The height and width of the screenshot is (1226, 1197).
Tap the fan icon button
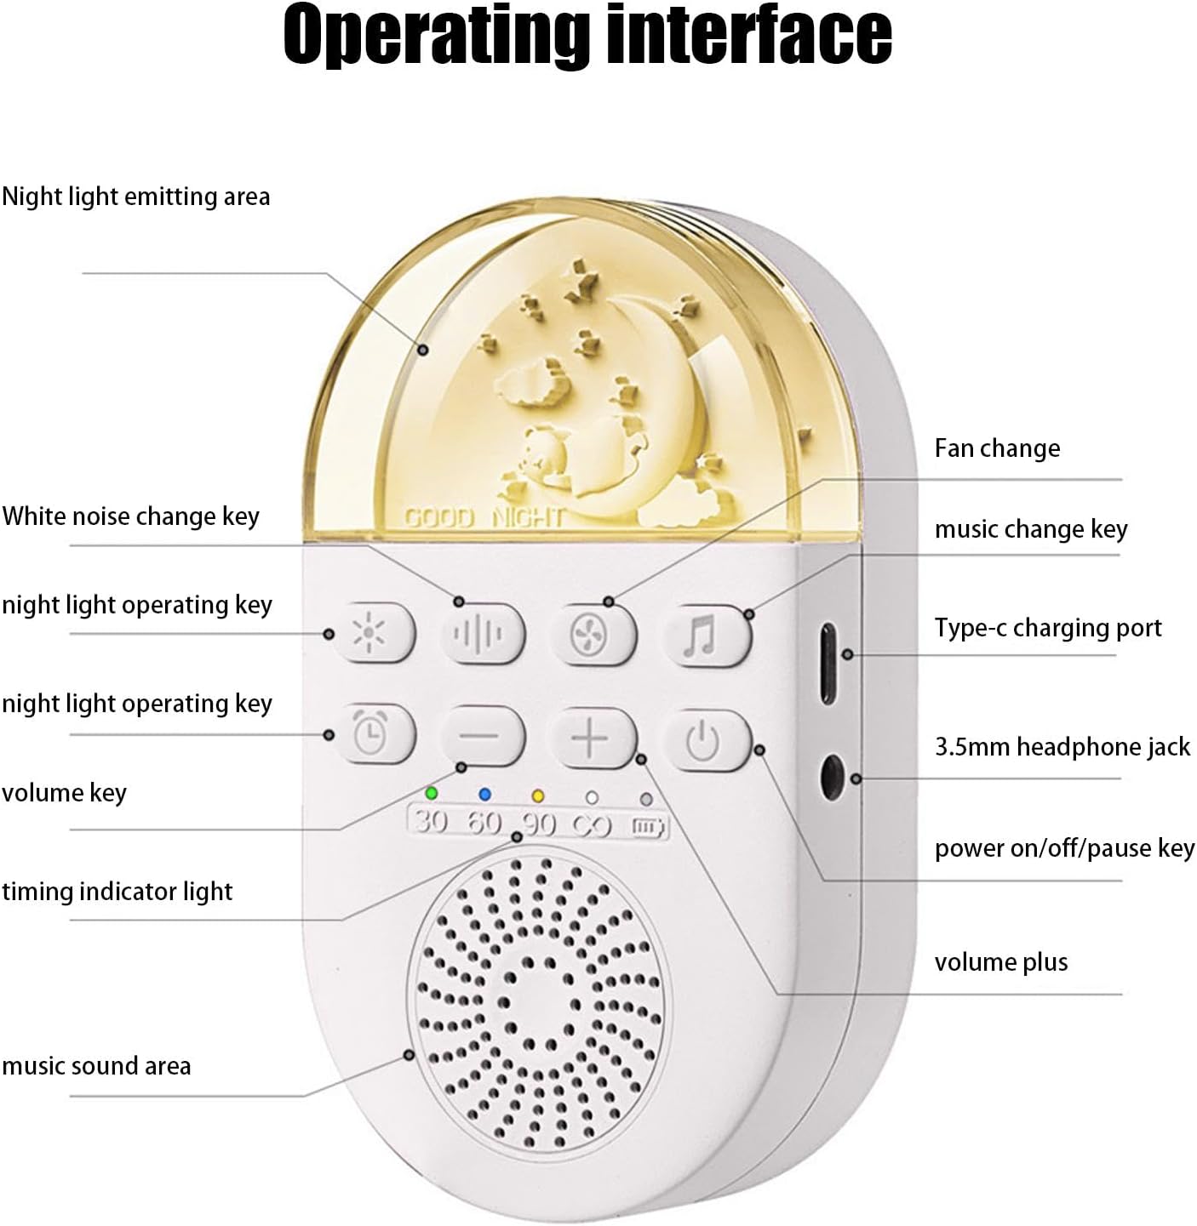591,635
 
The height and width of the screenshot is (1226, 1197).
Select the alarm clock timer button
372,733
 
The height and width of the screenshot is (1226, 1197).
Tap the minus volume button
482,735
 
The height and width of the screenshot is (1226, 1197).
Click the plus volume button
591,738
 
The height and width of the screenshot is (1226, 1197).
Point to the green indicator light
432,794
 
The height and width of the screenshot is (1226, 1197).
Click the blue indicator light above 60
485,795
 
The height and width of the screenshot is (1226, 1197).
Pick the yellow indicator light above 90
537,796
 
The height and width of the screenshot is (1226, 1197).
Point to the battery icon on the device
648,826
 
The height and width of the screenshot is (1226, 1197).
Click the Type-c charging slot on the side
828,664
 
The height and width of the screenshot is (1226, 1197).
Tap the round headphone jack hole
831,777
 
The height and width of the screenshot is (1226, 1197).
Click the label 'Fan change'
997,448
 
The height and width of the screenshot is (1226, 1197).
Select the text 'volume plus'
1000,962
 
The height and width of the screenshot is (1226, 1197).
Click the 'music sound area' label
96,1066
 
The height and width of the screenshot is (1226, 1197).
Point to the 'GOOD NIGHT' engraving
484,517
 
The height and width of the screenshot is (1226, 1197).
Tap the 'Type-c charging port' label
1047,628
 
